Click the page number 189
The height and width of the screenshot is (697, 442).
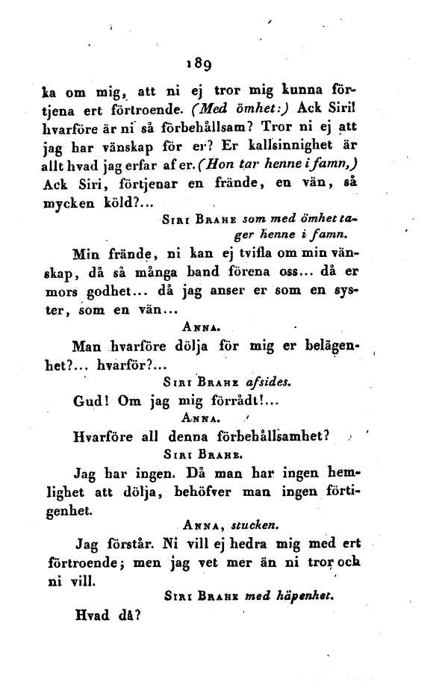(204, 63)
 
